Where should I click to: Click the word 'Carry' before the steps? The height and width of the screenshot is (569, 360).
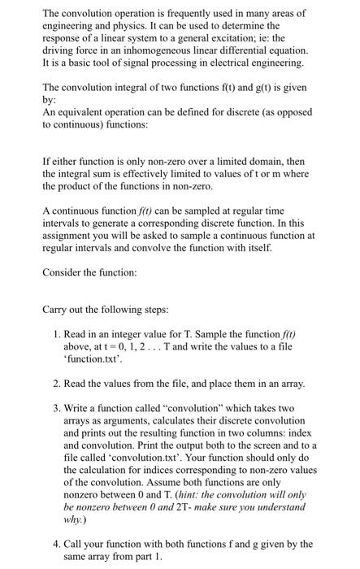pos(56,332)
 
